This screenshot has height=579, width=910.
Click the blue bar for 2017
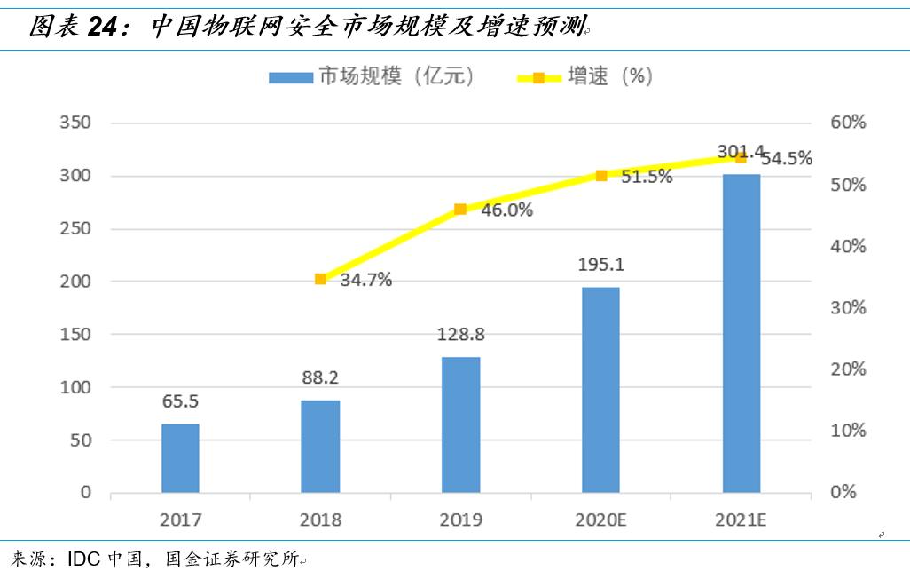click(x=180, y=458)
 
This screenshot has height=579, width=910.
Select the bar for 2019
click(x=460, y=425)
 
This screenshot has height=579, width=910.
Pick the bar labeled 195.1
click(x=600, y=390)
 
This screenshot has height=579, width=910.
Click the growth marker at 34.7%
click(x=320, y=279)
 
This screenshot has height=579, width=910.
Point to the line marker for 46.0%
click(x=460, y=210)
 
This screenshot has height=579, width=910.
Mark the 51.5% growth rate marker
click(x=600, y=176)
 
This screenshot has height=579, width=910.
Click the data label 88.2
click(x=320, y=377)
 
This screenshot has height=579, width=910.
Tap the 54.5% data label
click(x=786, y=159)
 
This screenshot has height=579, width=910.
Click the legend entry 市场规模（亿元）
click(x=373, y=76)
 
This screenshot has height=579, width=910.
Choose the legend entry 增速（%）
click(x=585, y=76)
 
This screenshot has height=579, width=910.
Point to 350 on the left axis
click(x=75, y=123)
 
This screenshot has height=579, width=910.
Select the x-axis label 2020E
click(x=600, y=520)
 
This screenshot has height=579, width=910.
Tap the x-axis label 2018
click(x=320, y=520)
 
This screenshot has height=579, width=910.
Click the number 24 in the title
click(x=103, y=28)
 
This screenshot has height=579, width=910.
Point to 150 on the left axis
click(x=75, y=335)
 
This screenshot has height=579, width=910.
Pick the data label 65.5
click(x=180, y=401)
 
